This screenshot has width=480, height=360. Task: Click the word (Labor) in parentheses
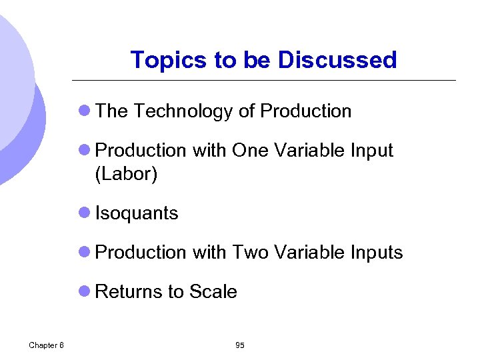click(x=127, y=174)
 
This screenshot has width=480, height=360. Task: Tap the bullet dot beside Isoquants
click(x=85, y=213)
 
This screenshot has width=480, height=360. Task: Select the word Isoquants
click(x=137, y=213)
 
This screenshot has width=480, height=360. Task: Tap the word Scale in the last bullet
click(x=213, y=292)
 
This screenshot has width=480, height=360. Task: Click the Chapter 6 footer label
click(x=47, y=345)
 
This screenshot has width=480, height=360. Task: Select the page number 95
click(x=240, y=345)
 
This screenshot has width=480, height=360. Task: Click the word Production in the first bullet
click(x=306, y=111)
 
